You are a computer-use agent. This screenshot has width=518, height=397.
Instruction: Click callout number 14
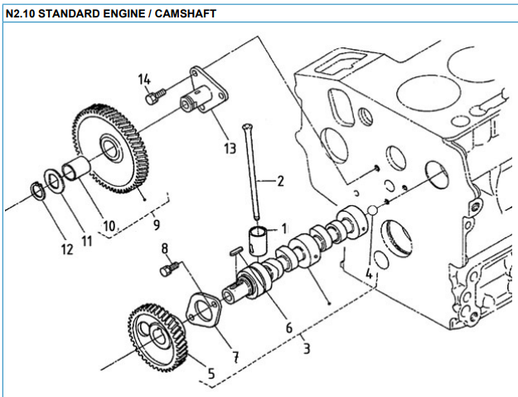pyautogui.click(x=146, y=80)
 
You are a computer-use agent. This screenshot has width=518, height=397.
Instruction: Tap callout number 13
pyautogui.click(x=230, y=149)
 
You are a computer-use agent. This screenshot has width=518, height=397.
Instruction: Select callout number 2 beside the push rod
pyautogui.click(x=280, y=181)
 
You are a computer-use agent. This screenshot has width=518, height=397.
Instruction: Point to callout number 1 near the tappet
pyautogui.click(x=283, y=226)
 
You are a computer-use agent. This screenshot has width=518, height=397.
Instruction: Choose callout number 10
pyautogui.click(x=108, y=225)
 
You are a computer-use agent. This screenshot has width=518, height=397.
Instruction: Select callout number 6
pyautogui.click(x=288, y=329)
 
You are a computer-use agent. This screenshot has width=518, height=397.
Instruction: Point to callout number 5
pyautogui.click(x=211, y=375)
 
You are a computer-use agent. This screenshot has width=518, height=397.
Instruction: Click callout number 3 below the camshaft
pyautogui.click(x=306, y=348)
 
